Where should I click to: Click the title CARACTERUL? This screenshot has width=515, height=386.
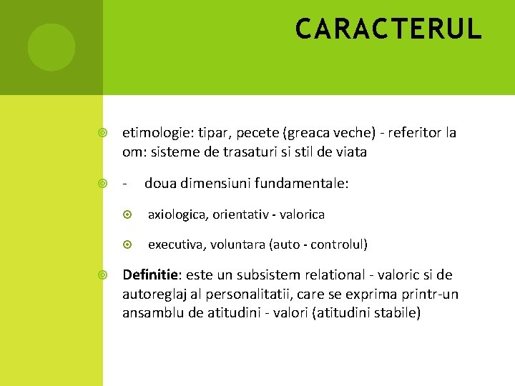tap(389, 29)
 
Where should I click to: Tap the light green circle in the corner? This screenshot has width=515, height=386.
tap(51, 47)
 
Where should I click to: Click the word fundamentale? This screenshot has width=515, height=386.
tap(303, 184)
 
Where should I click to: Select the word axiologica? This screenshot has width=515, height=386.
tap(176, 214)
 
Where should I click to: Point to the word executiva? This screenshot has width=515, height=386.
tap(175, 244)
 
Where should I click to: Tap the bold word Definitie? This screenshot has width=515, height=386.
tap(153, 275)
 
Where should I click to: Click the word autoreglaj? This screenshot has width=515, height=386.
tap(155, 294)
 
